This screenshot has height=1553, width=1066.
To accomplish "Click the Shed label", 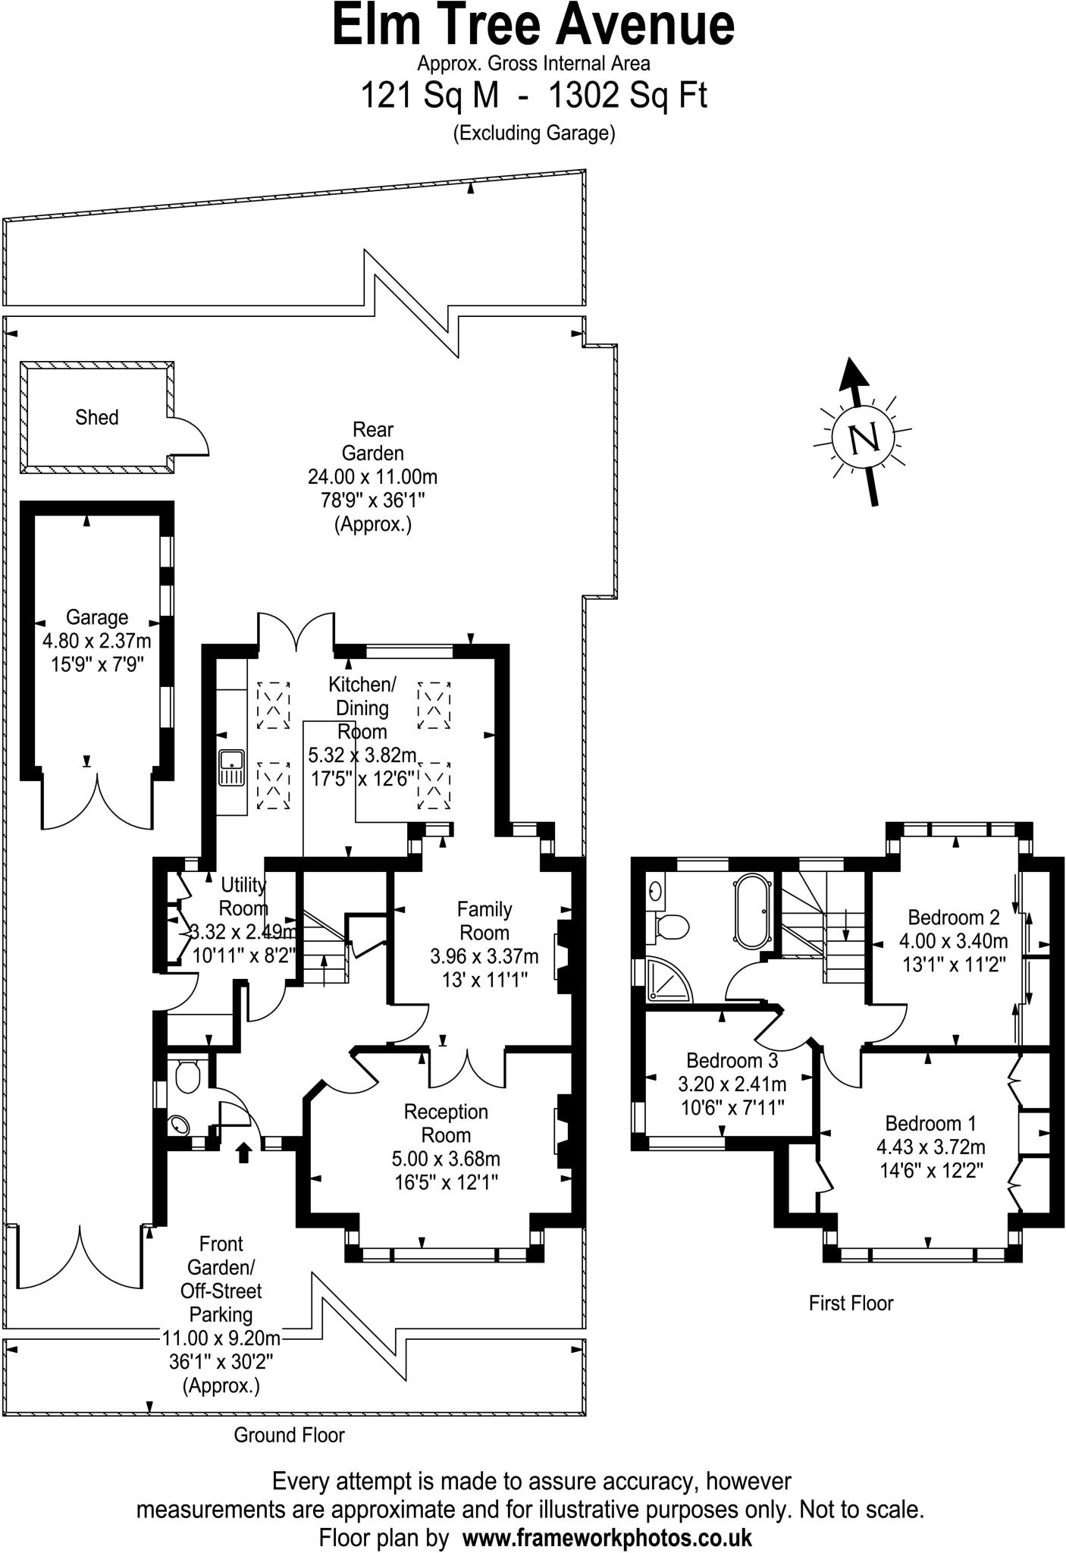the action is [96, 417].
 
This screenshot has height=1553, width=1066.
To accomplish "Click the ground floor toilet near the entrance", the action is [187, 1075].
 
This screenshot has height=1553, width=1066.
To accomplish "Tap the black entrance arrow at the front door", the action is [243, 1153].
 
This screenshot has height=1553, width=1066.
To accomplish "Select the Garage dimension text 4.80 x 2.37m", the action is [96, 641].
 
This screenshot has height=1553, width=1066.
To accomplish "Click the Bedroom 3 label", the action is [732, 1059].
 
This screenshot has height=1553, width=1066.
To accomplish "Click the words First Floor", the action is [851, 1303].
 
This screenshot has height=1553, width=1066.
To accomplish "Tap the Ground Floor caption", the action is [289, 1435].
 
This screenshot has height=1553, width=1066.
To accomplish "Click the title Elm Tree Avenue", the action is [533, 26].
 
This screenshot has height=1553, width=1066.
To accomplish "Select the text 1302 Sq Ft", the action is [627, 96].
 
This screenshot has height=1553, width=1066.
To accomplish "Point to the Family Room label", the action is [484, 921].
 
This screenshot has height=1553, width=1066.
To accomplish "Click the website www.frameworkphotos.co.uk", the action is [607, 1538].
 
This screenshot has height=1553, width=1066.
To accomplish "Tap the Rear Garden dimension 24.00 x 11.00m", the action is [372, 477].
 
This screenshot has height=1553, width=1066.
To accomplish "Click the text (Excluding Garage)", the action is [533, 133].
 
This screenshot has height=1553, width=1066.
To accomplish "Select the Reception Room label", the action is [446, 1124].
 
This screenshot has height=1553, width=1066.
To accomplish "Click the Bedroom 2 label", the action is [953, 917].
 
